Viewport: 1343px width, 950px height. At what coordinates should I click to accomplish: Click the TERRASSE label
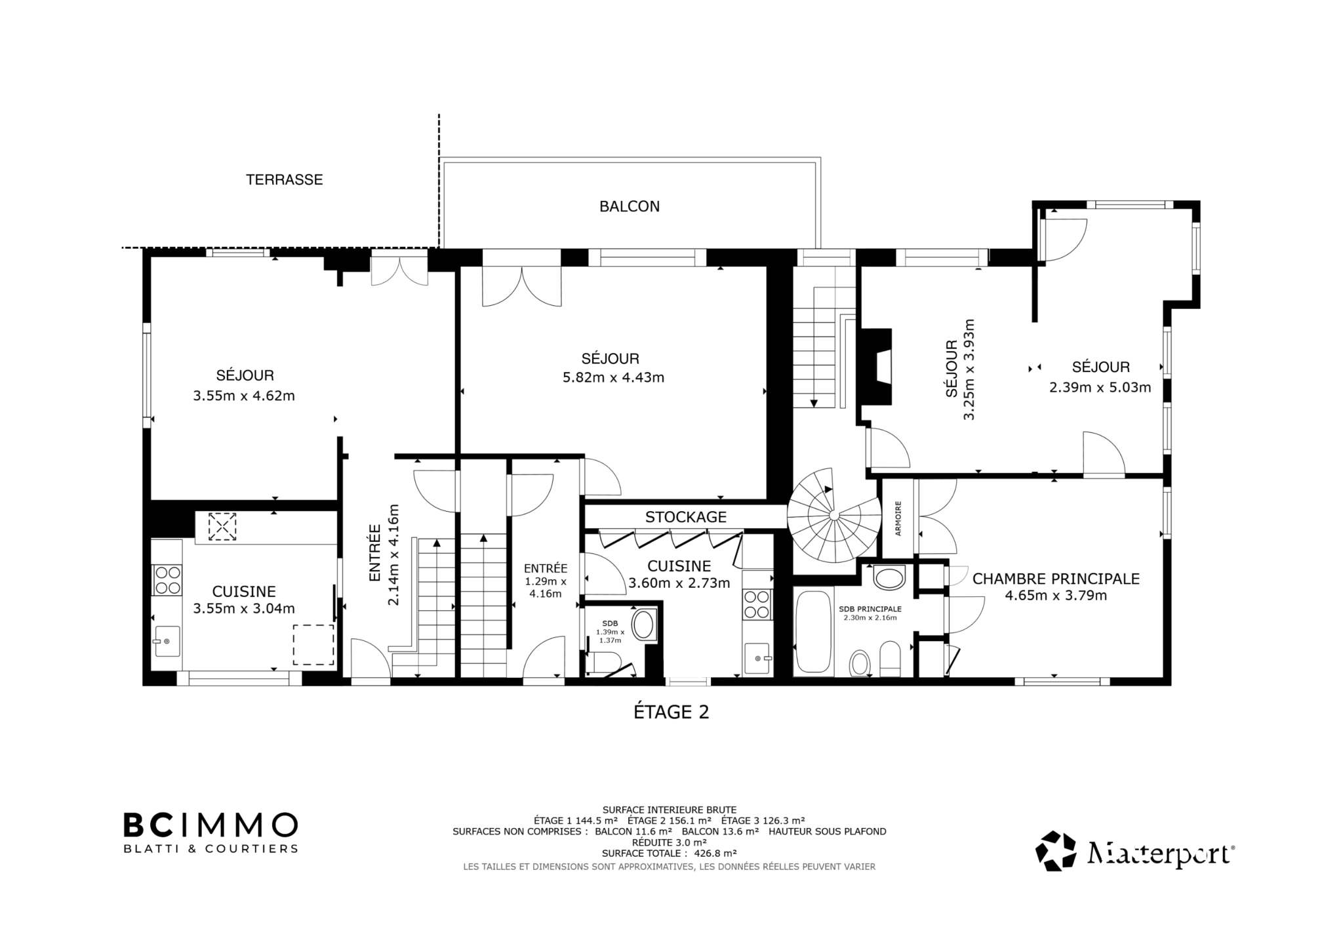point(284,180)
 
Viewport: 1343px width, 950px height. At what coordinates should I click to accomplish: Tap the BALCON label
point(630,207)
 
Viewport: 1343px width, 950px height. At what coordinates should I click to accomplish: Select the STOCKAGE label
point(686,517)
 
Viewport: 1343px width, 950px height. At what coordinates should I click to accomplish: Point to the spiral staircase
point(833,516)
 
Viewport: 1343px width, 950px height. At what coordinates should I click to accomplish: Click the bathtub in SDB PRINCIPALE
point(813,632)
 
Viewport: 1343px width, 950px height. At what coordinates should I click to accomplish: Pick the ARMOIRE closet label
point(898,518)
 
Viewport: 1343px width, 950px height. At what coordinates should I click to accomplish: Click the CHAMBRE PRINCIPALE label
point(1056,579)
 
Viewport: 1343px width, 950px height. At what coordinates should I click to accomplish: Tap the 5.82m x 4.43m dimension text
point(614,378)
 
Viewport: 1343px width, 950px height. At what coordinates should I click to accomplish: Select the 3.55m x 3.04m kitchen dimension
point(244,608)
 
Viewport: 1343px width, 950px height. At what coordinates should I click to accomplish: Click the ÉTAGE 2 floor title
point(671,712)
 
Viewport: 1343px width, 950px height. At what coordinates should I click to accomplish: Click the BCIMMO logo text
point(210,825)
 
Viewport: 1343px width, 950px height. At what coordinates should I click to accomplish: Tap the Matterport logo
point(1135,852)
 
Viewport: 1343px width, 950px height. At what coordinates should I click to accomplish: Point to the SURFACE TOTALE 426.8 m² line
point(669,854)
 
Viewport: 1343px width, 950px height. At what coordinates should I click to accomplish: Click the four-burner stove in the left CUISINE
point(167,579)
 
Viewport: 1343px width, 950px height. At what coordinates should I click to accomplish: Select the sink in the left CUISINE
point(167,641)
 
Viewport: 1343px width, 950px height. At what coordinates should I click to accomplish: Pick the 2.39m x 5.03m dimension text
point(1100,388)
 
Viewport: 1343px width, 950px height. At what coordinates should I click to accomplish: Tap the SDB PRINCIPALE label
point(870,609)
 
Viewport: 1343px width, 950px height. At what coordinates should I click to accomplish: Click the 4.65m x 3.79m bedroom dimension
point(1056,596)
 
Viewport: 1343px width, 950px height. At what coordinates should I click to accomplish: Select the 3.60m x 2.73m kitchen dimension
point(679,583)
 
